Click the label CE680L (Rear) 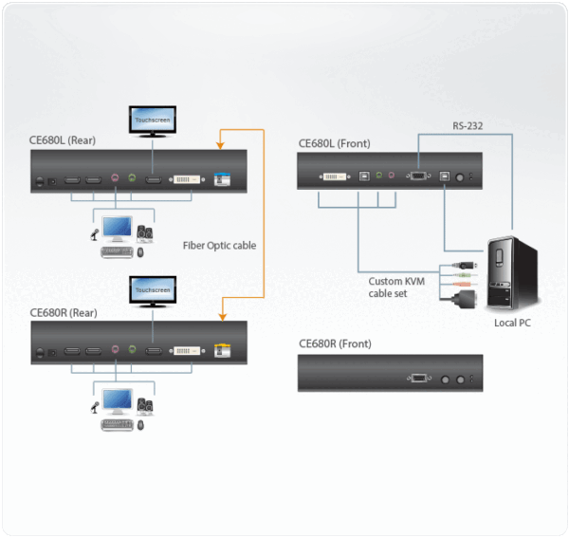click(63, 141)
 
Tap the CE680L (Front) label click(334, 144)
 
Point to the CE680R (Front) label click(335, 343)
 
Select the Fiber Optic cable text click(219, 245)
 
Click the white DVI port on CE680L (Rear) click(185, 178)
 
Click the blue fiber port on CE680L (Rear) click(223, 178)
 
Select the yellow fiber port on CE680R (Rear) click(223, 349)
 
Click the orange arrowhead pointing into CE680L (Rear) click(220, 146)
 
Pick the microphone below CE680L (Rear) click(96, 232)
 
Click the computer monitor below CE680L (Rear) click(118, 229)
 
